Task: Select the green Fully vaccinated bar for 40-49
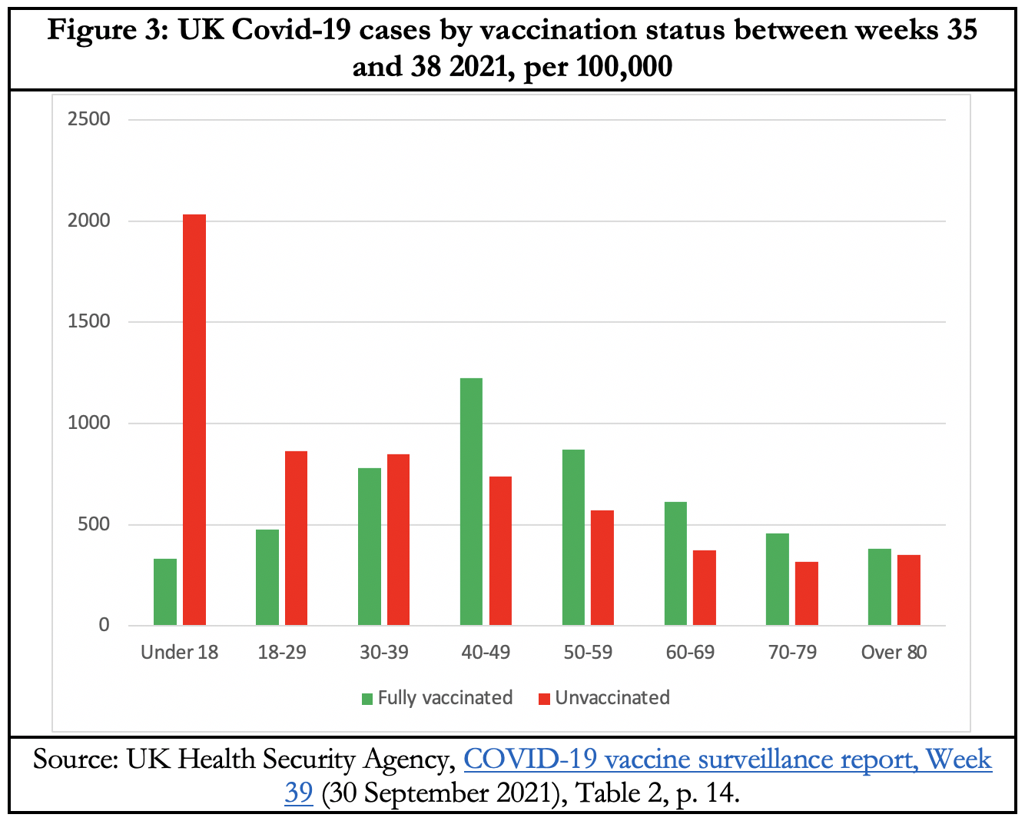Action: coord(471,501)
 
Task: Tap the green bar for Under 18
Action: coord(165,592)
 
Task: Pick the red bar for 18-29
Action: coord(296,538)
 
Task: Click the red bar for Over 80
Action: coord(909,590)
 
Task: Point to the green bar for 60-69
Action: coord(675,563)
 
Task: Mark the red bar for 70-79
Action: coord(807,593)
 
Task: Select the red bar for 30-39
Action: coord(398,539)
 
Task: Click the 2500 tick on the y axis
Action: coord(89,119)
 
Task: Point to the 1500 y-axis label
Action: coord(89,322)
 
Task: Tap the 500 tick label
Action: coord(94,525)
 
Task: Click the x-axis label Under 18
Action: coord(180,653)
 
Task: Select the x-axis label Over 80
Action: coord(894,653)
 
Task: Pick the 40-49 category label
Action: coord(486,653)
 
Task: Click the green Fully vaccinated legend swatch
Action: coord(368,699)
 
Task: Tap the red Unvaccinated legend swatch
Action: coord(545,699)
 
